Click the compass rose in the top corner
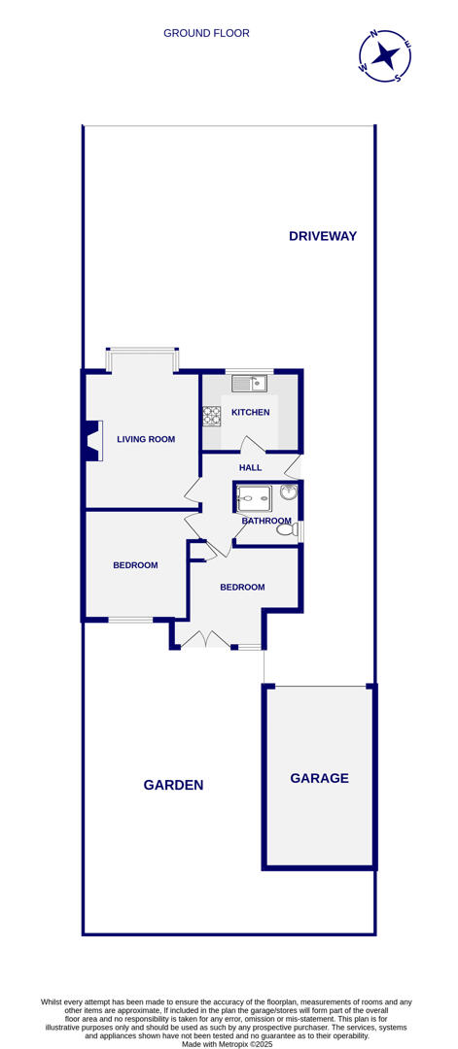tap(385, 55)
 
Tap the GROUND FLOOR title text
tap(206, 33)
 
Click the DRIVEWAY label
tap(323, 236)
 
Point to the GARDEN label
tap(173, 785)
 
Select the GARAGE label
tap(319, 778)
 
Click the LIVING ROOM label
tap(146, 439)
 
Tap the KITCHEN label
tap(250, 413)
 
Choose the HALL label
tap(250, 467)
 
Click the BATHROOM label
tap(266, 521)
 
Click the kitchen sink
tap(249, 384)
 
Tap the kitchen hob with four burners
tap(211, 416)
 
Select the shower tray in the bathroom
tap(254, 498)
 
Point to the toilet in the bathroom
tap(286, 529)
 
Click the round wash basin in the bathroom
tap(289, 492)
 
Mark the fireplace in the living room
tap(92, 440)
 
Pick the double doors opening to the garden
tap(205, 641)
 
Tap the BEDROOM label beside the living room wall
tap(135, 565)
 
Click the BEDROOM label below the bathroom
tap(242, 587)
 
